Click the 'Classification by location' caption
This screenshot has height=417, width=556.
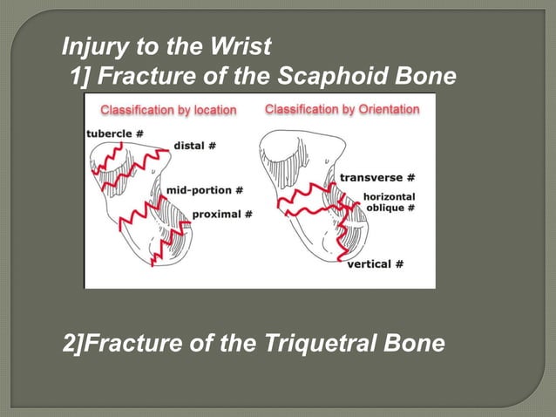tap(168, 110)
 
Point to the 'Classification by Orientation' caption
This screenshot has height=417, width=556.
tap(342, 110)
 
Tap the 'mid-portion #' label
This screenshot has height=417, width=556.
tap(203, 189)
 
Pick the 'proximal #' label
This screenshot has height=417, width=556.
tap(221, 214)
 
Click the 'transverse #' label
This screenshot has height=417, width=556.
tap(376, 177)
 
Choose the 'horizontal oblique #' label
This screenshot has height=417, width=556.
tap(390, 202)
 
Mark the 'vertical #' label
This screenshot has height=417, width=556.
tap(375, 263)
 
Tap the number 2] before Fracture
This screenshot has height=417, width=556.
tap(74, 344)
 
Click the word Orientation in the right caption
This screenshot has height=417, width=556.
tap(386, 110)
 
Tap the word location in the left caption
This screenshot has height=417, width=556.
tap(208, 110)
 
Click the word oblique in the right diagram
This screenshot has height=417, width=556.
tap(384, 208)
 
